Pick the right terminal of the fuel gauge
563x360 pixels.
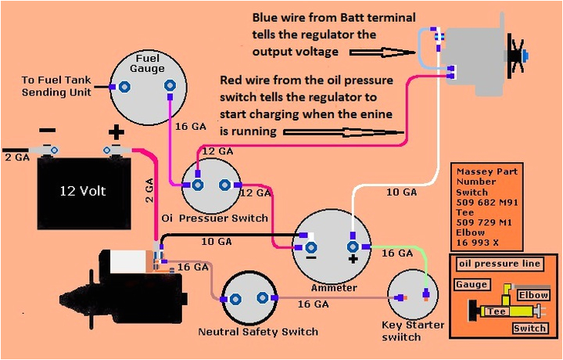167,88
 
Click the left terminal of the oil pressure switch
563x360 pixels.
197,185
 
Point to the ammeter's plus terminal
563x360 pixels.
353,242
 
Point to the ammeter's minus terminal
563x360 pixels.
310,243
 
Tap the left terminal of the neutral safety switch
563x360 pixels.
232,298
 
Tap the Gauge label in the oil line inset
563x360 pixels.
472,285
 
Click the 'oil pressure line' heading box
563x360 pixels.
499,264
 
